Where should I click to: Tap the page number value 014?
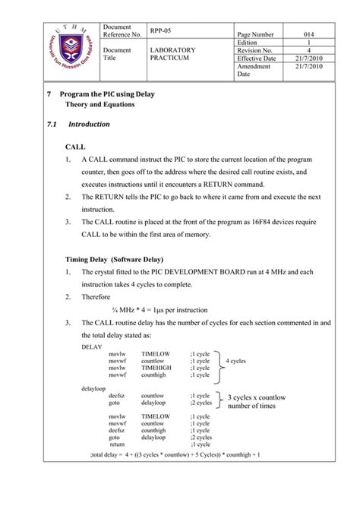[x=309, y=35]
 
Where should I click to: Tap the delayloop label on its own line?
[x=93, y=388]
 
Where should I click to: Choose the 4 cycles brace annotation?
[x=235, y=361]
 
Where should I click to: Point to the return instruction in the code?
[x=118, y=444]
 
